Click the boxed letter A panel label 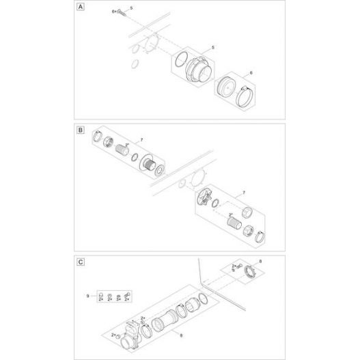click(82, 8)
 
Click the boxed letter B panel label click(82, 128)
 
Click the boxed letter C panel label click(82, 261)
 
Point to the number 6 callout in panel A click(251, 71)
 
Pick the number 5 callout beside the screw click(132, 7)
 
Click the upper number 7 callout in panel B click(141, 140)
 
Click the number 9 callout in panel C click(88, 296)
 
